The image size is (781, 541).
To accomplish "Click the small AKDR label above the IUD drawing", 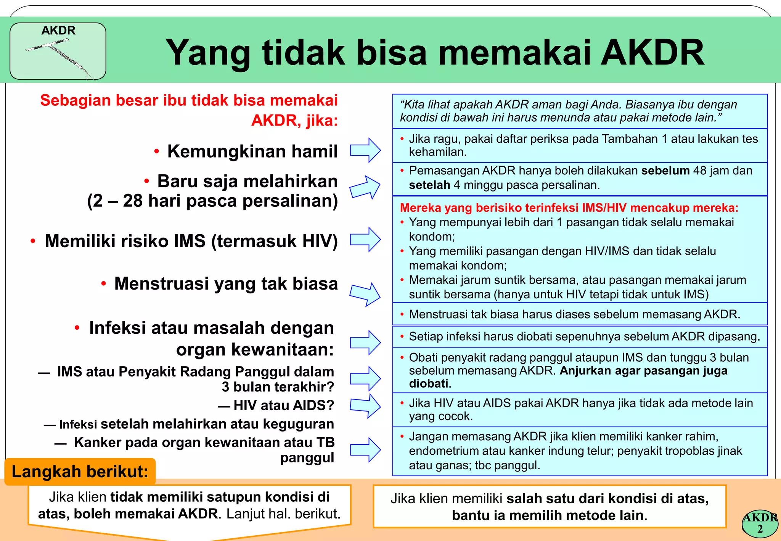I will tap(58, 31).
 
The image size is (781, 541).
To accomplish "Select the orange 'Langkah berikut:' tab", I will tap(80, 472).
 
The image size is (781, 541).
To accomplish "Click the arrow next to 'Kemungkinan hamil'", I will tap(365, 150).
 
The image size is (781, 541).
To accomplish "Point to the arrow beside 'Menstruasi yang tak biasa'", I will tap(365, 294).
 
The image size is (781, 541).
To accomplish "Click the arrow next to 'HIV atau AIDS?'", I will tap(365, 406).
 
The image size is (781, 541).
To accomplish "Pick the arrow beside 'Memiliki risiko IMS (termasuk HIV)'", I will tap(365, 240).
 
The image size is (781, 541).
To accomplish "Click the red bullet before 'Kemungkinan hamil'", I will tap(156, 151).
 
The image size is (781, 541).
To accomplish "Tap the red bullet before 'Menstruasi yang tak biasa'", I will tap(103, 284).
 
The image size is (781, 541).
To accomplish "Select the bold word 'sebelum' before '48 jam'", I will tap(665, 171).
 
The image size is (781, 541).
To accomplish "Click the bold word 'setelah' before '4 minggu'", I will tap(429, 185).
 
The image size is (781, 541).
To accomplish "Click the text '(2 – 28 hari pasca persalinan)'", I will tap(212, 201).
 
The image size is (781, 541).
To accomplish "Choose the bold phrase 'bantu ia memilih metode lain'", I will tap(547, 515).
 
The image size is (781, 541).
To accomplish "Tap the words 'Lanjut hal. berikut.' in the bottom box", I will tap(283, 514).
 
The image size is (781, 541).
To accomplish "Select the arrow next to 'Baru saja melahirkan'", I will tap(365, 187).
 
